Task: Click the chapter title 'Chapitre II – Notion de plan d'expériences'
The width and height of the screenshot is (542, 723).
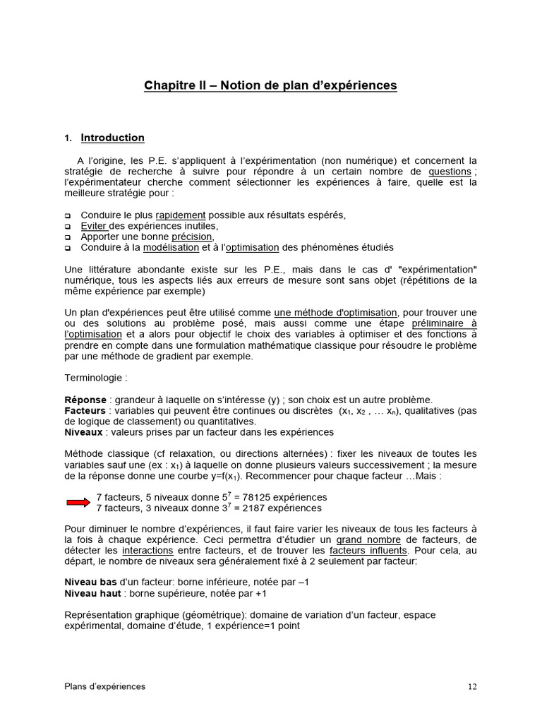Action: tap(270, 85)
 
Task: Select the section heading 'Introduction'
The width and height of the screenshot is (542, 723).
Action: tap(112, 138)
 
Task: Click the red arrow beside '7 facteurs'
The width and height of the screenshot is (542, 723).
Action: tap(78, 502)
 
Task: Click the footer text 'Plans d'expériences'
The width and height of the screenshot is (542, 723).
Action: tap(105, 686)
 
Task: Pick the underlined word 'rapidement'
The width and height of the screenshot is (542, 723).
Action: tap(181, 215)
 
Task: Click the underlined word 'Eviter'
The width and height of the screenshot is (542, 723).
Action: tap(93, 226)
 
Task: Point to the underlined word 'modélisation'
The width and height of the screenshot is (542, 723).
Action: tap(171, 247)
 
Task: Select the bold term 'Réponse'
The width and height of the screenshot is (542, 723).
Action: tap(85, 400)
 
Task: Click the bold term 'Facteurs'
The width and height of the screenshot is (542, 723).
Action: tap(85, 410)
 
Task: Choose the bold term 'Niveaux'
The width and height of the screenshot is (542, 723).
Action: tap(83, 431)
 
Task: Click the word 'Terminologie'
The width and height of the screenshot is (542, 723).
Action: tap(95, 378)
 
